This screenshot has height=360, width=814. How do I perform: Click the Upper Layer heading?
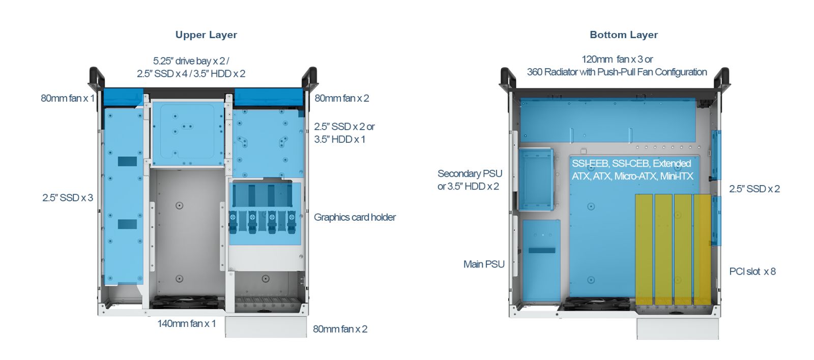point(206,35)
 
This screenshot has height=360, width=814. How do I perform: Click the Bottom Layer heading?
point(624,35)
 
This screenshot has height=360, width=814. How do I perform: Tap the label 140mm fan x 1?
point(186,323)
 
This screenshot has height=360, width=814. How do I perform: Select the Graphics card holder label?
point(355,217)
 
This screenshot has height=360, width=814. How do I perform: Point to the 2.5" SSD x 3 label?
point(68,198)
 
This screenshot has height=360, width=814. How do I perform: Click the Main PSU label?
point(484,264)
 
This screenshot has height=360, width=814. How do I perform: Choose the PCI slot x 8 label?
point(752,271)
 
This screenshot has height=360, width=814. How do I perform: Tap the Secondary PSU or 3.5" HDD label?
point(470,180)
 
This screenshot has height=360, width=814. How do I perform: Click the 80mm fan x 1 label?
point(68,98)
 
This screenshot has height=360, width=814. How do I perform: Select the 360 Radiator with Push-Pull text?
point(617,72)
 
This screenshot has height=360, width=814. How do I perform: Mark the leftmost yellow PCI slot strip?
point(644,249)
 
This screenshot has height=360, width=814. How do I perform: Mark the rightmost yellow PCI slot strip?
point(702,249)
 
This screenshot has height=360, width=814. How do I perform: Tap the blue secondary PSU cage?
point(536,179)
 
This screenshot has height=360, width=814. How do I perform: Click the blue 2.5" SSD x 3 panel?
point(124,196)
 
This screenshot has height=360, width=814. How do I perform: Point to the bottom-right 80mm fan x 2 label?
point(340,329)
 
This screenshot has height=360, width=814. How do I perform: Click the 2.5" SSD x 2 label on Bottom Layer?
point(754,189)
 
